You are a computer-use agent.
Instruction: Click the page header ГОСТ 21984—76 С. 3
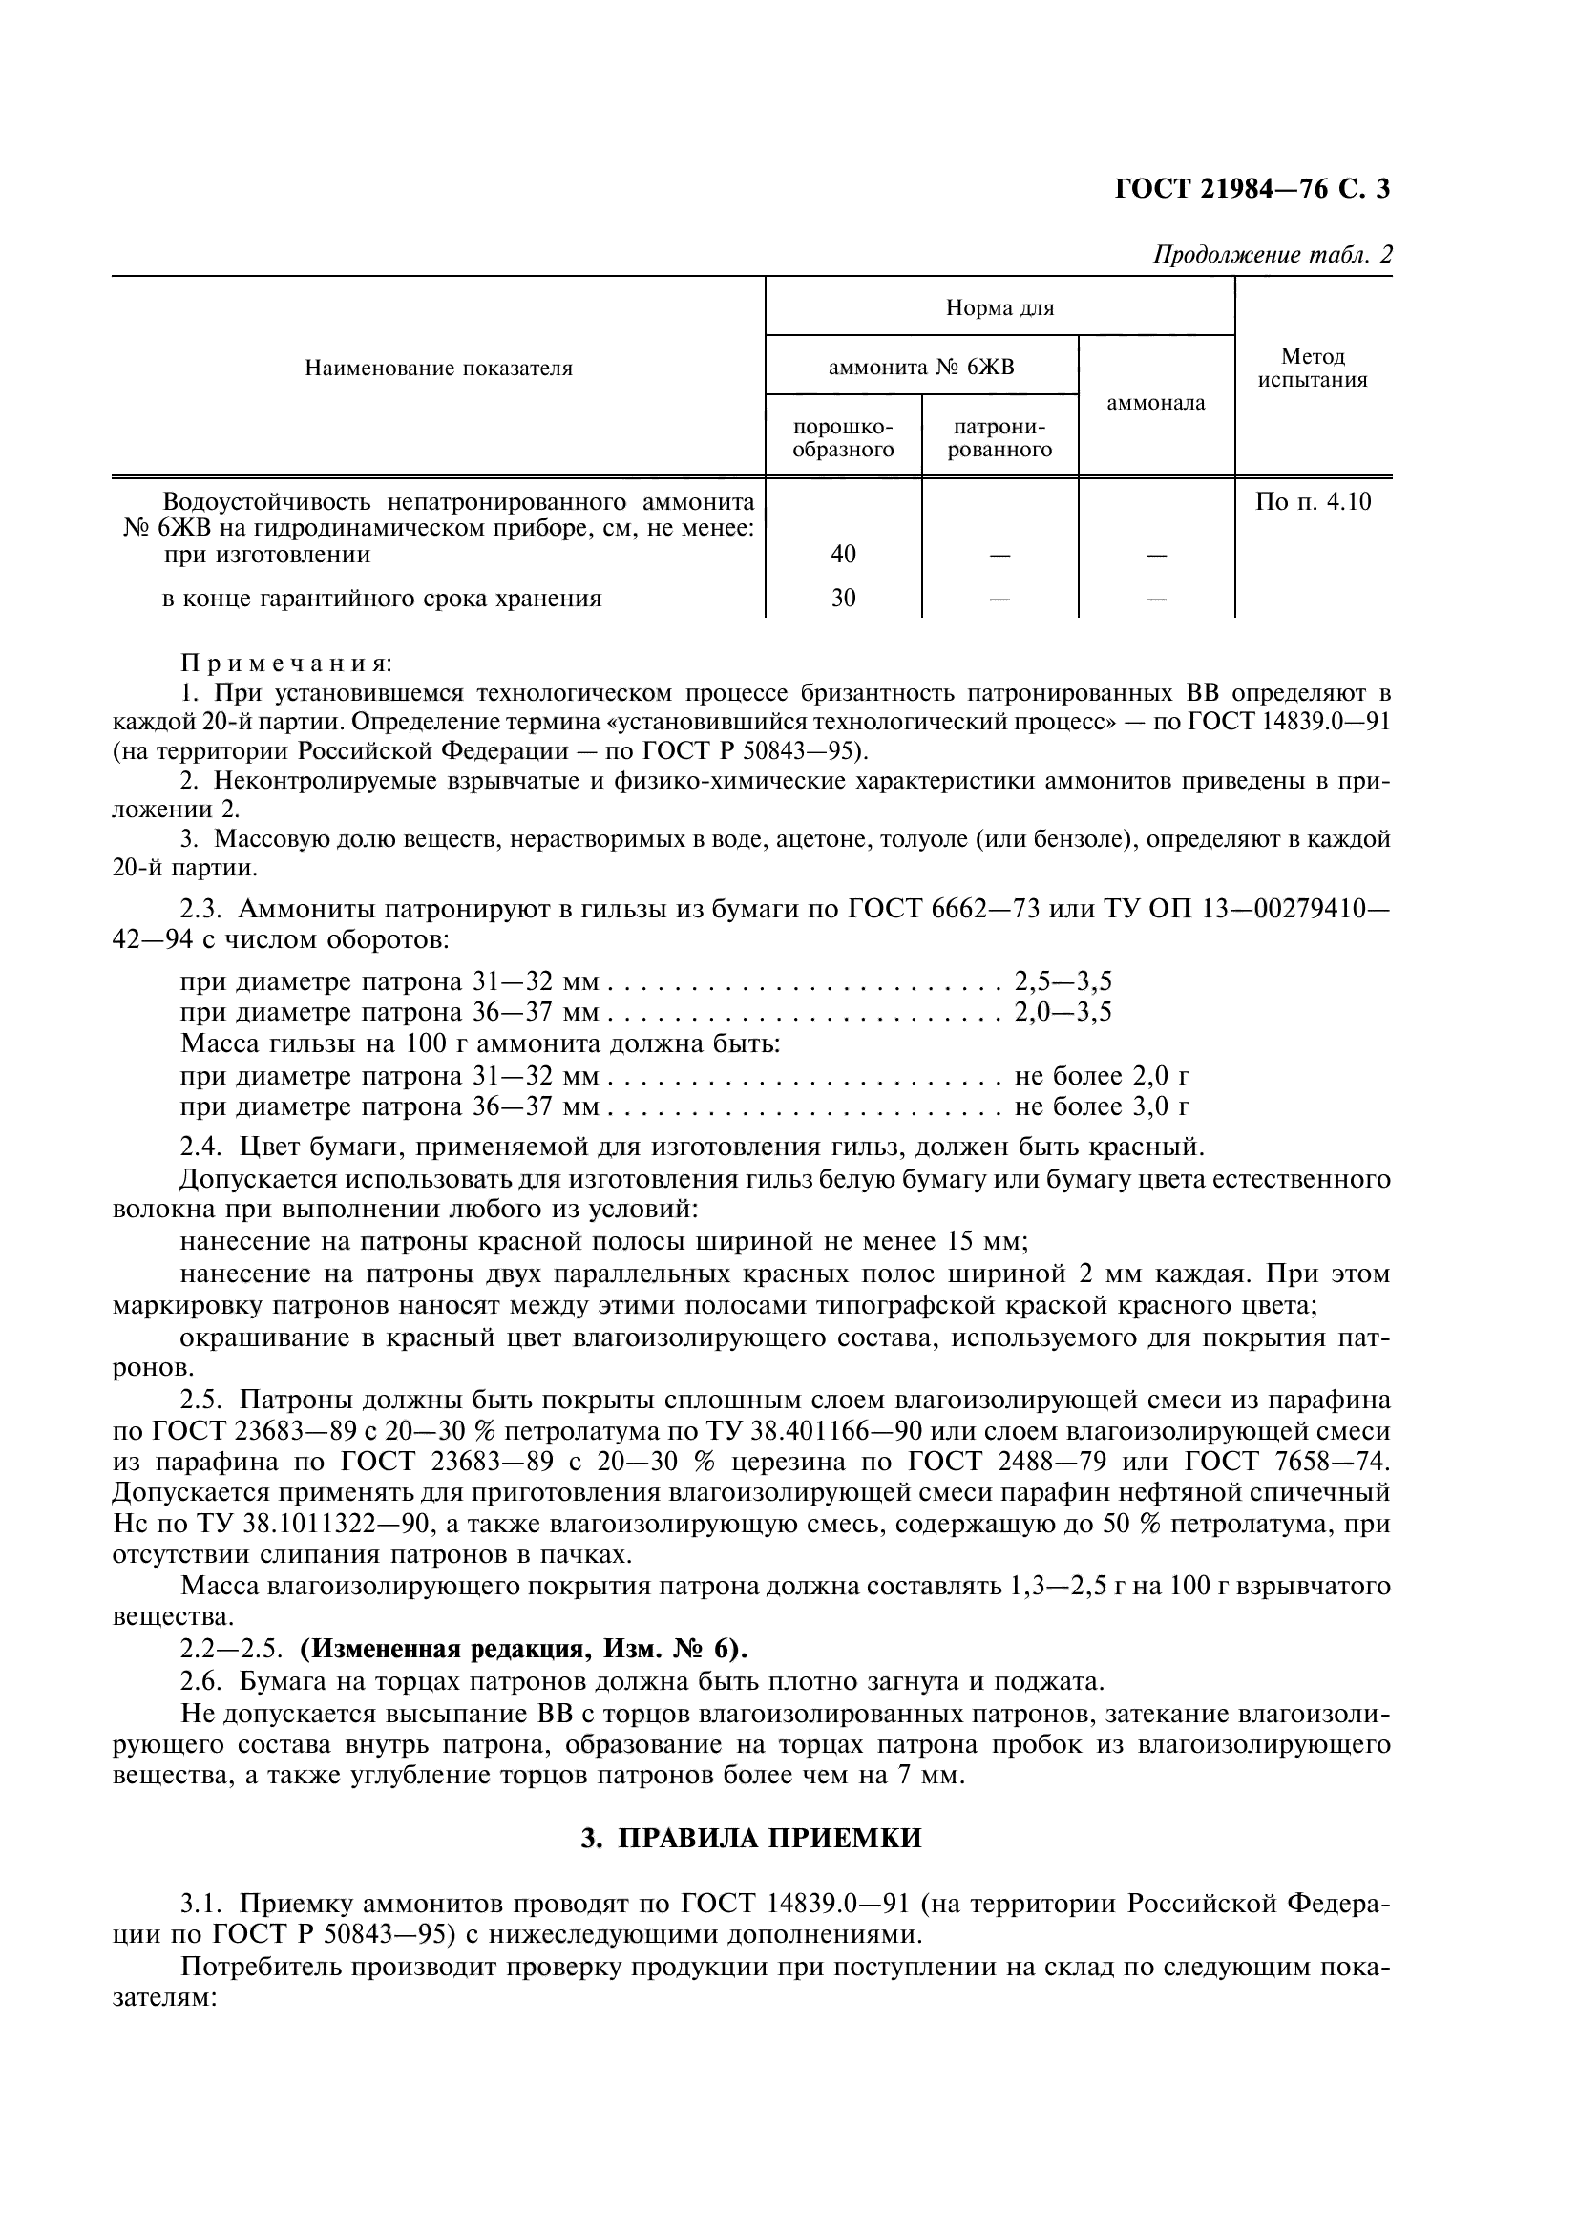tap(1252, 188)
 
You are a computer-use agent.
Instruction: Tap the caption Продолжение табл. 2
tap(1272, 255)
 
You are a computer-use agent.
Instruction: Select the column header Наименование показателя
tap(438, 369)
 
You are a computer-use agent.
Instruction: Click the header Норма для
tap(999, 308)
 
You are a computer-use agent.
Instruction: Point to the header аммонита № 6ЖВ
tap(921, 367)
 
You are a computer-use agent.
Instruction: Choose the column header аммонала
tap(1155, 403)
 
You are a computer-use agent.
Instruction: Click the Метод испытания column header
tap(1313, 369)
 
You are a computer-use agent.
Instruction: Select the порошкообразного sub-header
tap(843, 437)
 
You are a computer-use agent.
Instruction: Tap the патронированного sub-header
tap(999, 437)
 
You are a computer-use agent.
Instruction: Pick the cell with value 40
tap(843, 555)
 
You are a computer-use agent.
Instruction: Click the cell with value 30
tap(843, 599)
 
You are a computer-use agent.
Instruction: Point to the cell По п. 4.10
tap(1313, 502)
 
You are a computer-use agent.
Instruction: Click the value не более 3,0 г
tap(1102, 1106)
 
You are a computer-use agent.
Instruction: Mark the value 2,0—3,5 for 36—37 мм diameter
tap(1063, 1012)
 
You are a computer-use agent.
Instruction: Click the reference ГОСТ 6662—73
tap(943, 910)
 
